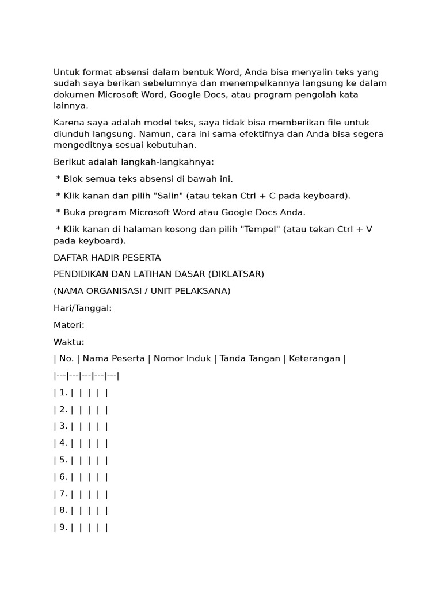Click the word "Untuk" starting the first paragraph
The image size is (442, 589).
(x=66, y=72)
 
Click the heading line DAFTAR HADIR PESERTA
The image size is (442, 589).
(x=107, y=258)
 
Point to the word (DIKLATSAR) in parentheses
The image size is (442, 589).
(x=237, y=274)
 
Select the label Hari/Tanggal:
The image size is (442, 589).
(x=82, y=308)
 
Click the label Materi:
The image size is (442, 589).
(x=69, y=325)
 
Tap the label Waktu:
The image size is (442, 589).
(x=69, y=342)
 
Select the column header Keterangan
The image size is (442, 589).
(x=314, y=359)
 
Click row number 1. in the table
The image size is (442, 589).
(x=63, y=393)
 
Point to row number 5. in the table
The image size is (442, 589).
(x=63, y=460)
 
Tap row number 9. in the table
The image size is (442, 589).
(x=63, y=527)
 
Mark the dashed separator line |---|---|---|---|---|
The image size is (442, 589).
(x=86, y=376)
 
